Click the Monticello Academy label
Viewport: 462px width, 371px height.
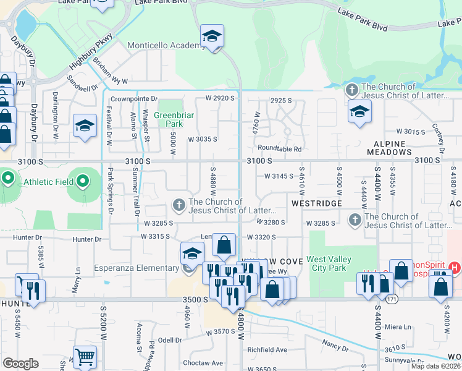[162, 45]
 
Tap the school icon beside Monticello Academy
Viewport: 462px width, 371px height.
[212, 36]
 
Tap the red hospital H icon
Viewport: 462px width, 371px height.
[455, 267]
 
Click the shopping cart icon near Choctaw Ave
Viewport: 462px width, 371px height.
[85, 356]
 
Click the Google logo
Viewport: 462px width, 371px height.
[20, 364]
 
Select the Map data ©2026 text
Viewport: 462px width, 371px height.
[435, 366]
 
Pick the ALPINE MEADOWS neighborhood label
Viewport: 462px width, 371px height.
[398, 147]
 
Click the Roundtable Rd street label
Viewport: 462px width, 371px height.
[280, 148]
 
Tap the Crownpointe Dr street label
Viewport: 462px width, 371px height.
[134, 99]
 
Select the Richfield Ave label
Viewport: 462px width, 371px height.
[267, 349]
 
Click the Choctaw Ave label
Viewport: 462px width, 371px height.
[203, 363]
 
